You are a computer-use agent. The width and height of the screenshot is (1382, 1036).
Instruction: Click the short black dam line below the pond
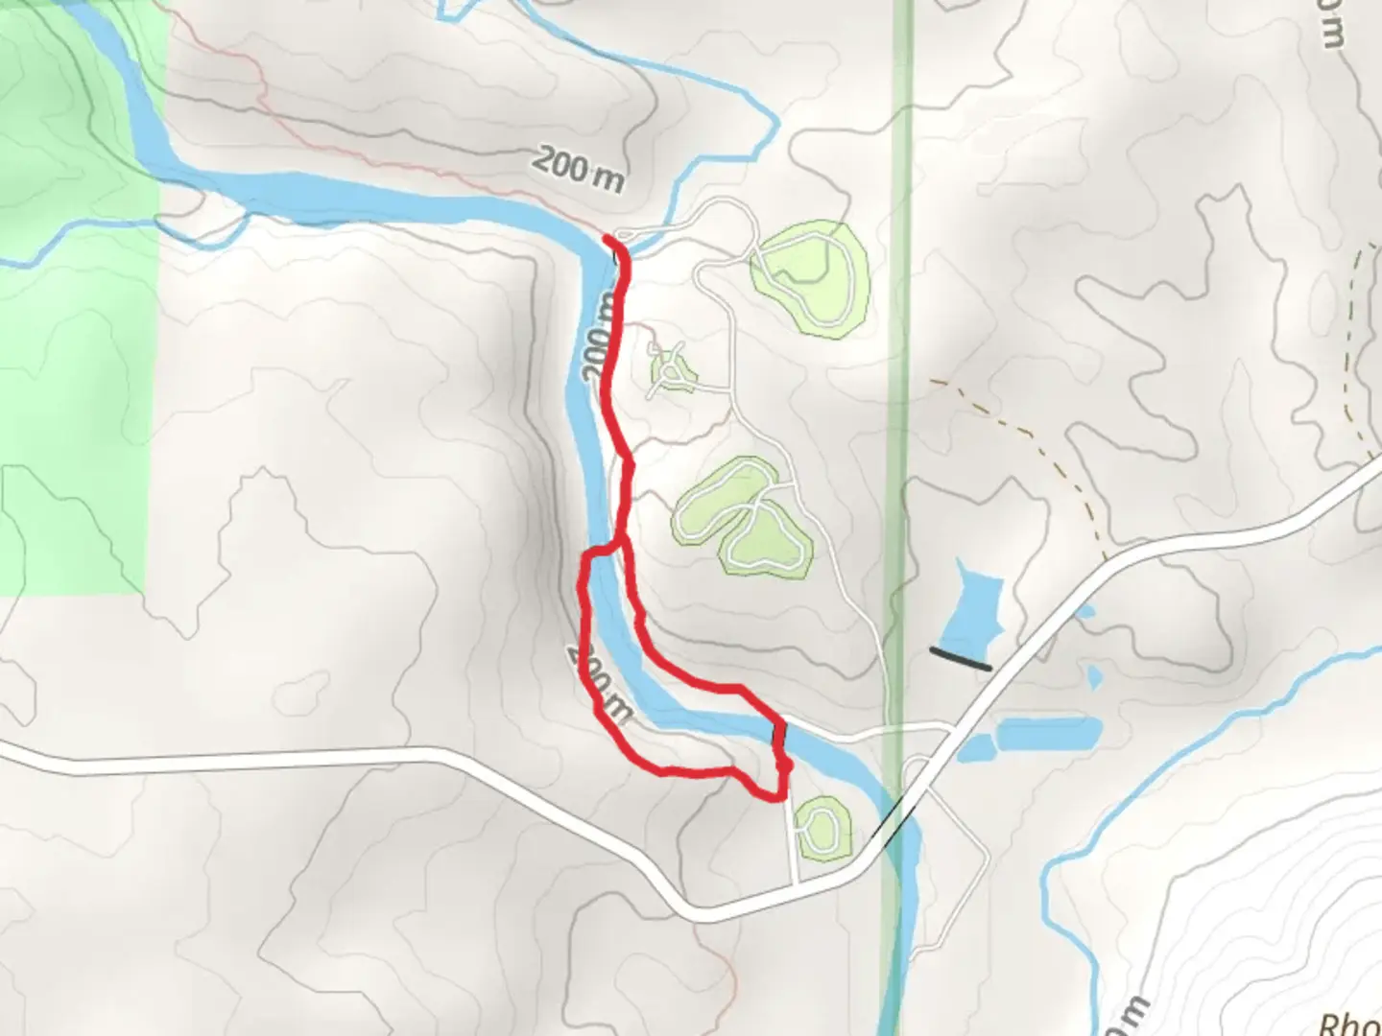[960, 658]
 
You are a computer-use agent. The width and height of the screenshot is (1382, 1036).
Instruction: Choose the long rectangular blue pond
[1048, 734]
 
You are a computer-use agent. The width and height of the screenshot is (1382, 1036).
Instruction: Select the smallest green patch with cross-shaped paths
[672, 368]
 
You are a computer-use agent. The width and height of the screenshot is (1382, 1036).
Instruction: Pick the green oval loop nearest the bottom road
[823, 828]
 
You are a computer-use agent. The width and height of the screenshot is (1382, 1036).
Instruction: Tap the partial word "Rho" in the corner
[1349, 1022]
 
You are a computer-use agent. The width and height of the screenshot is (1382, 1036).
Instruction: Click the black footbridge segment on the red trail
[779, 734]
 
